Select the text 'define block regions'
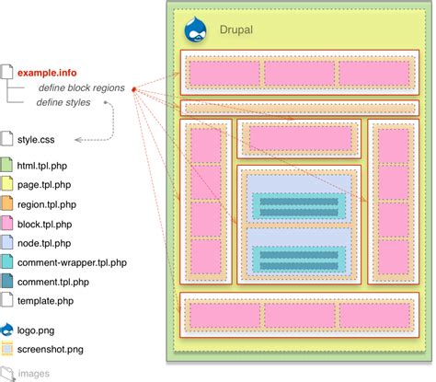(x=81, y=87)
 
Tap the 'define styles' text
(x=63, y=102)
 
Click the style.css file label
(x=38, y=140)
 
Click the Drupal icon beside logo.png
(x=7, y=330)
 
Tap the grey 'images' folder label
(x=35, y=374)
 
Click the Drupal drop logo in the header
(x=198, y=31)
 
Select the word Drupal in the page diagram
(x=236, y=30)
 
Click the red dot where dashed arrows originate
(x=133, y=89)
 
